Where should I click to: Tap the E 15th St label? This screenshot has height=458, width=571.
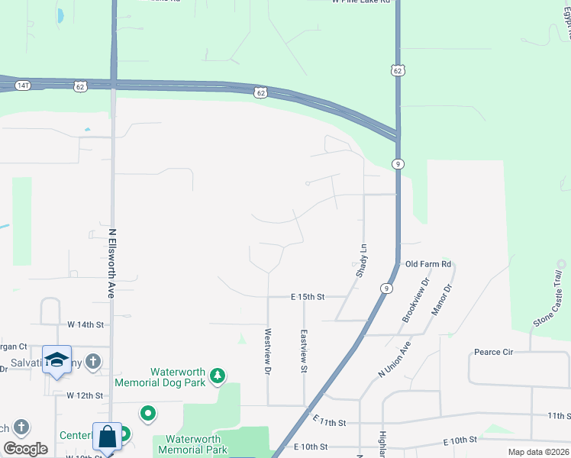coord(308,296)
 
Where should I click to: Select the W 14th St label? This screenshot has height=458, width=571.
coord(85,324)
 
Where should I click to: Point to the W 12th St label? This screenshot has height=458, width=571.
coord(84,395)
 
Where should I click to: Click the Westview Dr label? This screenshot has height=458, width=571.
coord(268,351)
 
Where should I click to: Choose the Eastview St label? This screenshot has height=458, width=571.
coord(304,351)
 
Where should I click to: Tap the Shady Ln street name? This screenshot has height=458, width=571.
coord(362,260)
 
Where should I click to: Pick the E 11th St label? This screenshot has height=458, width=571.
coord(329,422)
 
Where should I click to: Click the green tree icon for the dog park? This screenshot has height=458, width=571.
coord(218,375)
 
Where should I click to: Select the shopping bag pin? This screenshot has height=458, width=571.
coord(108,437)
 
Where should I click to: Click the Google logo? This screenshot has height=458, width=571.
coord(26,449)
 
